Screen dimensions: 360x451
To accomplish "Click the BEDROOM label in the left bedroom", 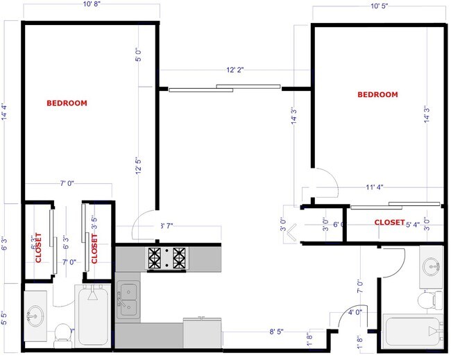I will coord(67,103).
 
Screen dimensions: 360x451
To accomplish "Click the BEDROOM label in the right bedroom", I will coord(377,95).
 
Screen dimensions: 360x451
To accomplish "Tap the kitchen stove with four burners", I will coord(167,258).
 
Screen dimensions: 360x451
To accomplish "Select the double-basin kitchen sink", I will coord(128,300).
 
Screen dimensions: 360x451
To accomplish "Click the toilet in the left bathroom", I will coord(62,333).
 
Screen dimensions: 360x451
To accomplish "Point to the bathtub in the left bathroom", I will coord(92,316).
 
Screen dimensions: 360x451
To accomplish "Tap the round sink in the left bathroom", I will coord(35,317).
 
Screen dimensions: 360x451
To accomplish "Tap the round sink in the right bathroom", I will coord(431,266).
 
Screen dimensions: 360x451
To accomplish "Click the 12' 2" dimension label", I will coord(235,70).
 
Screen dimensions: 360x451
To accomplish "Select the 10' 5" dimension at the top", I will coord(379,7).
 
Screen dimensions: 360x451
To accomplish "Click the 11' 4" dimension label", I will coord(375,187).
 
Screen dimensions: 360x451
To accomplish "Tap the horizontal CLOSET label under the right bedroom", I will coord(390,223).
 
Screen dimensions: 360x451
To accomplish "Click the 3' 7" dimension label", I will coord(167,225).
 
